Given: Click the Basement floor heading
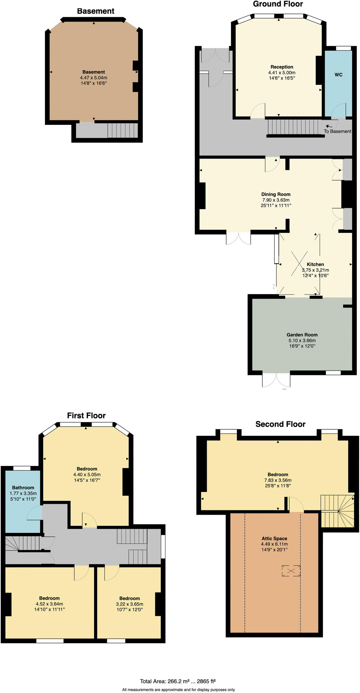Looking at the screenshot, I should tap(96, 11).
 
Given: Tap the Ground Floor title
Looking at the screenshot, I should tap(278, 4).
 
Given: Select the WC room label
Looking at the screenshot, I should tap(338, 74).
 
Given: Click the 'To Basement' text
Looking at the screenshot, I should tap(337, 131).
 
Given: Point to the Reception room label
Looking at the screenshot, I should tap(282, 67).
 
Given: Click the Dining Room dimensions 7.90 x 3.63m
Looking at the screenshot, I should tap(276, 200).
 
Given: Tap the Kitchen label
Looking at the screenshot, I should tap(315, 264).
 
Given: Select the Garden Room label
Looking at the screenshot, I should tap(302, 335).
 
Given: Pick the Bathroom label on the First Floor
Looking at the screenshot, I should tap(23, 488).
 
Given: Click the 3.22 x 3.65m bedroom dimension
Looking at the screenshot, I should tap(130, 604).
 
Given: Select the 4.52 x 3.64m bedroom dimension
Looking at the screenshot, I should tap(49, 604).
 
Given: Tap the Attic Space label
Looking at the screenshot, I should tap(274, 538).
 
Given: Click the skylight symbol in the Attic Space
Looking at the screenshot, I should tap(291, 571).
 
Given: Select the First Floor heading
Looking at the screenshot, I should tap(86, 416).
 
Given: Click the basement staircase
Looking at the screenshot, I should tap(123, 130).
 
